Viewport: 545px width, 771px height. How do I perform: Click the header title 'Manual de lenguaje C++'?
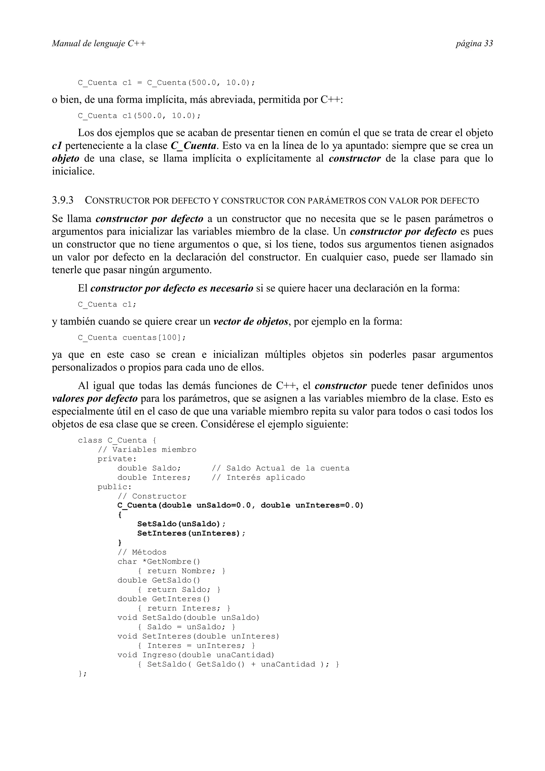[99, 44]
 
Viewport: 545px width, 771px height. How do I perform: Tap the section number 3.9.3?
[63, 201]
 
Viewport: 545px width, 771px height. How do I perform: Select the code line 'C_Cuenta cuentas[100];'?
[132, 338]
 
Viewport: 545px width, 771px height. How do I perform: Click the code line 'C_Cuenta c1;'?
[107, 305]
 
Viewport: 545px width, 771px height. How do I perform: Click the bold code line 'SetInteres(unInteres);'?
[191, 533]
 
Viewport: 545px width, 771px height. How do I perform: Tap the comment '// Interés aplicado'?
[259, 478]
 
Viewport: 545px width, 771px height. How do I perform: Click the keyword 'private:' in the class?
[117, 459]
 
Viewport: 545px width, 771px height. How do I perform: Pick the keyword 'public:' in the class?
[114, 487]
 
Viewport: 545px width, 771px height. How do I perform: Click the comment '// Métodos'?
[142, 552]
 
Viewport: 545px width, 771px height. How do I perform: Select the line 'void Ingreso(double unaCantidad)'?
[196, 655]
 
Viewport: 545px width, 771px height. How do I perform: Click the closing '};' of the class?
[82, 674]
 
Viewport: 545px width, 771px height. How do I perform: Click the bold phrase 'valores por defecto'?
[95, 399]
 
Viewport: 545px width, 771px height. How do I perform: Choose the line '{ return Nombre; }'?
[181, 571]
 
